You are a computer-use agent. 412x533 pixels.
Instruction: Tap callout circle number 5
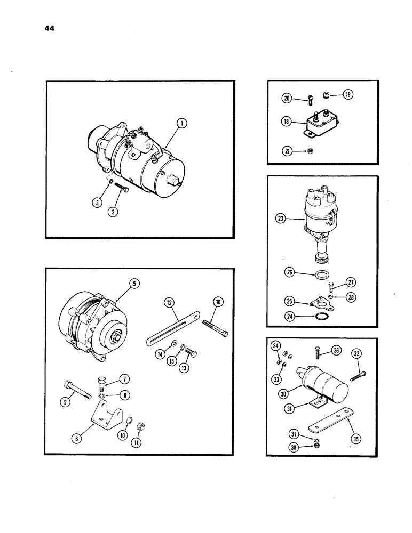click(135, 284)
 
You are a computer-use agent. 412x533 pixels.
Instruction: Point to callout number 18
click(287, 122)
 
